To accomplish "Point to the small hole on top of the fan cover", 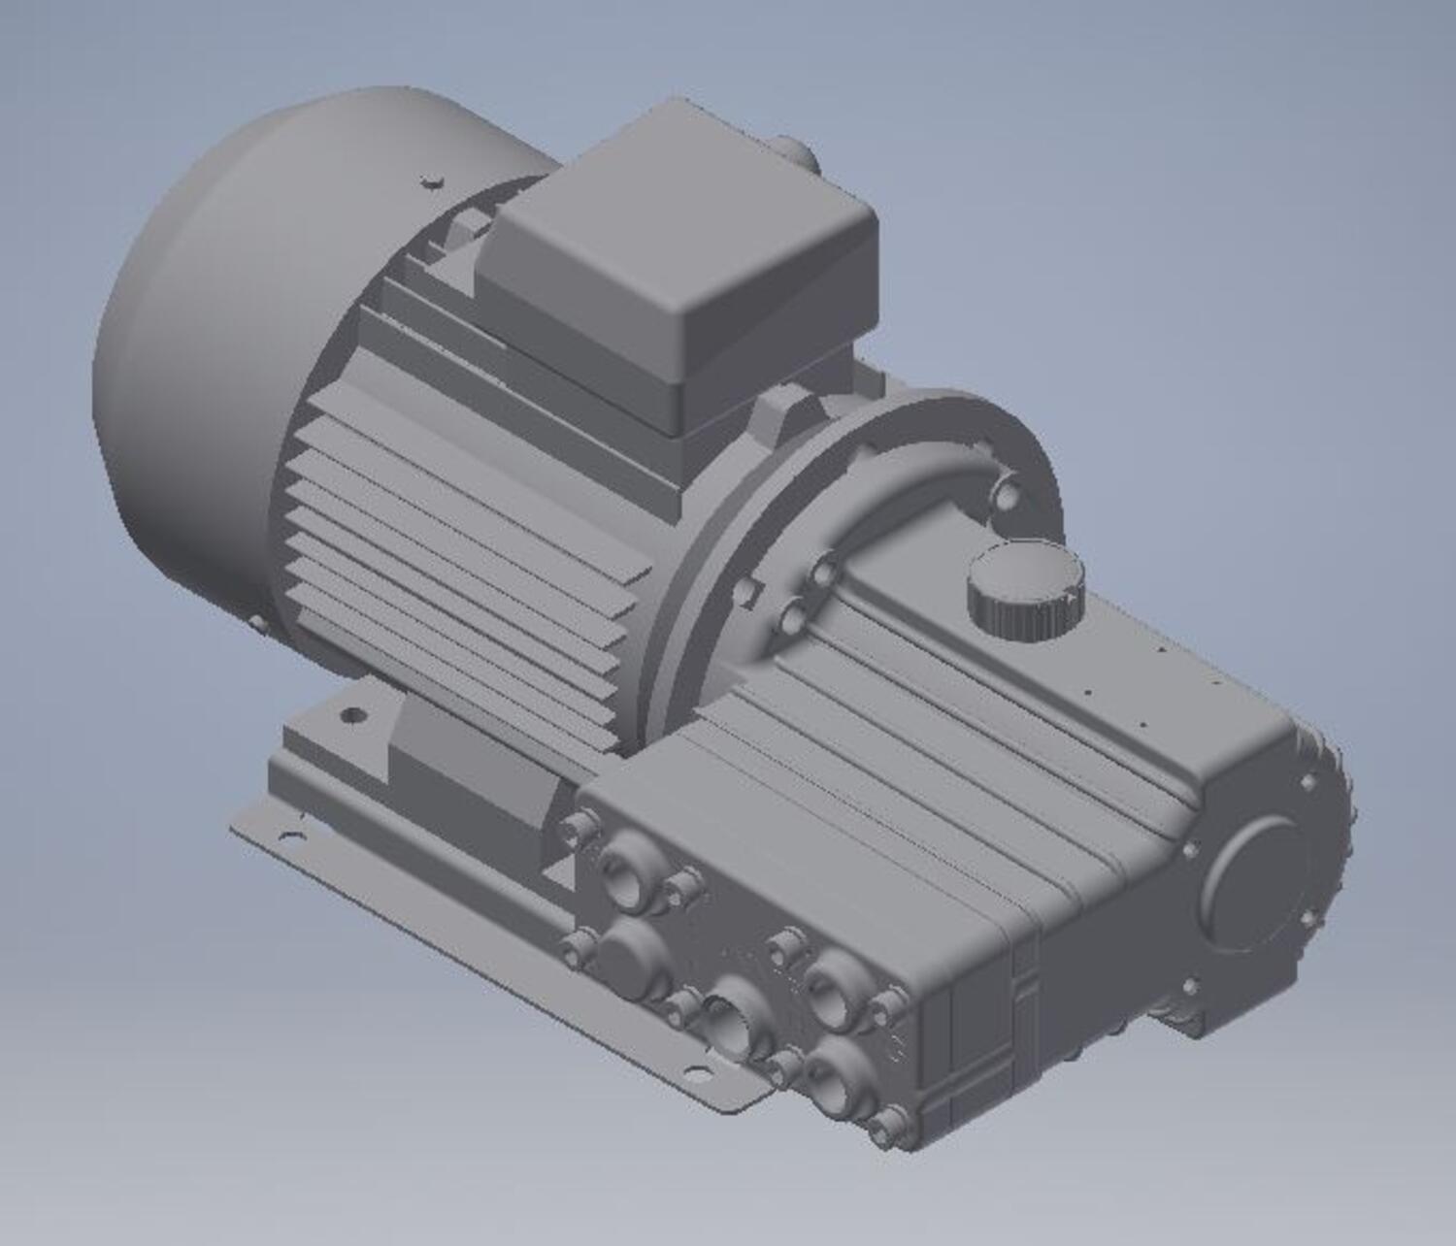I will click(430, 180).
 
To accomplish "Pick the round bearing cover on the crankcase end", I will click(1258, 883).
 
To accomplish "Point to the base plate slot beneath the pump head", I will click(697, 1072).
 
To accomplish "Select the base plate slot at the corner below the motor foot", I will click(289, 835).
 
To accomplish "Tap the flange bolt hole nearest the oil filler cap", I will click(1007, 495).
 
